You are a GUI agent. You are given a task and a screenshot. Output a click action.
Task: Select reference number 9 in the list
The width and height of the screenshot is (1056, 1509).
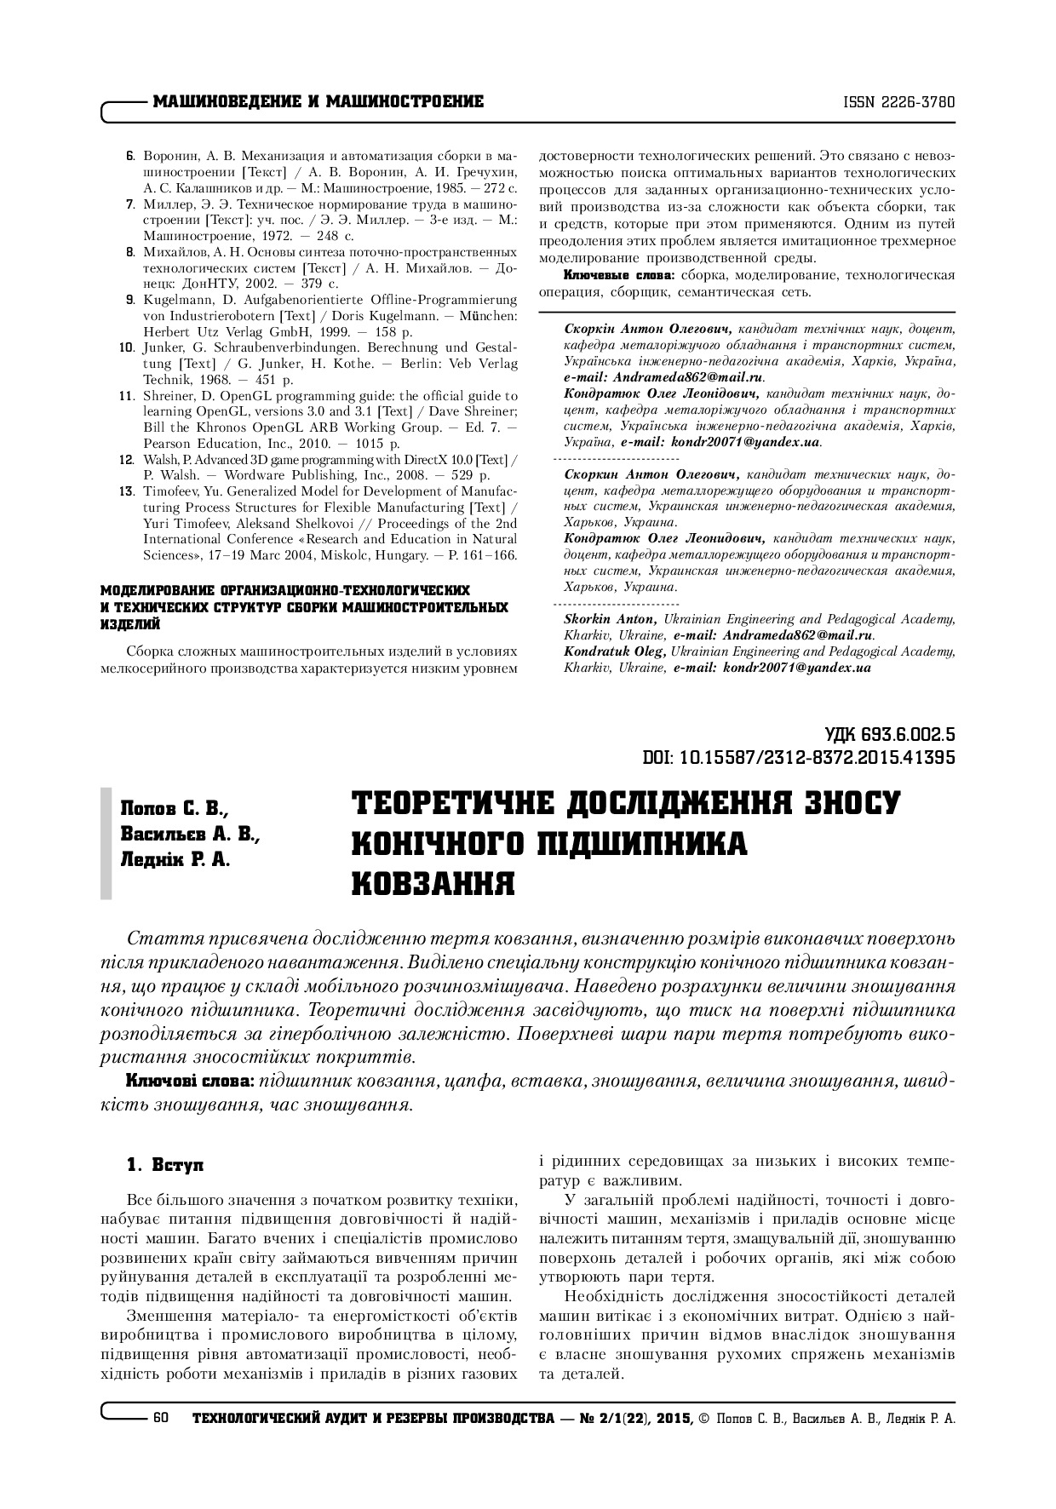click(x=129, y=300)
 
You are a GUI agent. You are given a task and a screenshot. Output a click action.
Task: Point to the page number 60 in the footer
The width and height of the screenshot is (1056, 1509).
click(x=161, y=1419)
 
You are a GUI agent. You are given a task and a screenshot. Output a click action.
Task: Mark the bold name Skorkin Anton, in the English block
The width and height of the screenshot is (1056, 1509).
click(x=610, y=620)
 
